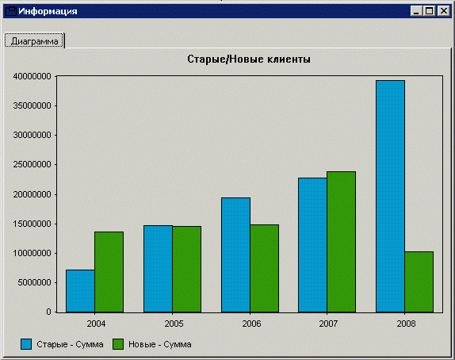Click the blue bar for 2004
[80, 291]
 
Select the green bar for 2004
[109, 272]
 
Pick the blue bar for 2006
[235, 255]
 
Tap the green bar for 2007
[341, 242]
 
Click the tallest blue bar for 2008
[390, 197]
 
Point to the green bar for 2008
[419, 282]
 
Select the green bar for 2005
[186, 269]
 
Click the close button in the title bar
[444, 11]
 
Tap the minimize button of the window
[416, 11]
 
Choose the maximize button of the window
[429, 11]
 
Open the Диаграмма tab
[35, 41]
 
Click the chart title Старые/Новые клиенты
[249, 59]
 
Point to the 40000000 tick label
[32, 76]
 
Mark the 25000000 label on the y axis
[32, 165]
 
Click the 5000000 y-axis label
[34, 282]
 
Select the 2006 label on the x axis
[251, 324]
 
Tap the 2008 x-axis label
[406, 324]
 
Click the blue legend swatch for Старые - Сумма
[26, 344]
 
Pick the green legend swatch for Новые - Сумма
[118, 344]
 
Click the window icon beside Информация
[11, 11]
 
